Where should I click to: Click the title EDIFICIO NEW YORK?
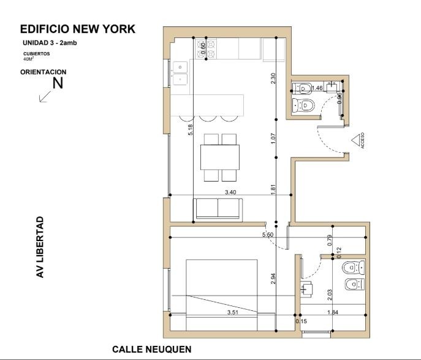[x=78, y=29]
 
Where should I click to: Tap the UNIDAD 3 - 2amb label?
[x=50, y=43]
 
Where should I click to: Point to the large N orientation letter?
[x=58, y=83]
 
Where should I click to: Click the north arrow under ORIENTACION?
[x=45, y=96]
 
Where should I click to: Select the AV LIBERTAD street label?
[x=40, y=247]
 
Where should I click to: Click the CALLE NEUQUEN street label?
[x=152, y=349]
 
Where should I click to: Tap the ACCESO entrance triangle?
[x=356, y=140]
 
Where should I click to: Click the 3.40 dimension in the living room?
[x=230, y=192]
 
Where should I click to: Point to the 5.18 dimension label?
[x=191, y=129]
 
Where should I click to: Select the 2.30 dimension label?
[x=273, y=78]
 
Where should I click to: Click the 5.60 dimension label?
[x=267, y=234]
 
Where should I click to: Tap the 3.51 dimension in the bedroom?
[x=232, y=312]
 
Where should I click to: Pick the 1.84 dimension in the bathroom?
[x=333, y=312]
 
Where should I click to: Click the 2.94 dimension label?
[x=273, y=279]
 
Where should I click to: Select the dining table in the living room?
[x=220, y=157]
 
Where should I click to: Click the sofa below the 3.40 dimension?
[x=218, y=209]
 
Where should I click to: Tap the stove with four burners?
[x=206, y=48]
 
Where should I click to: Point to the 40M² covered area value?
[x=29, y=59]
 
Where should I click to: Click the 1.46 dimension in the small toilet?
[x=317, y=88]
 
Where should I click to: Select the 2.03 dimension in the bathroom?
[x=330, y=294]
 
